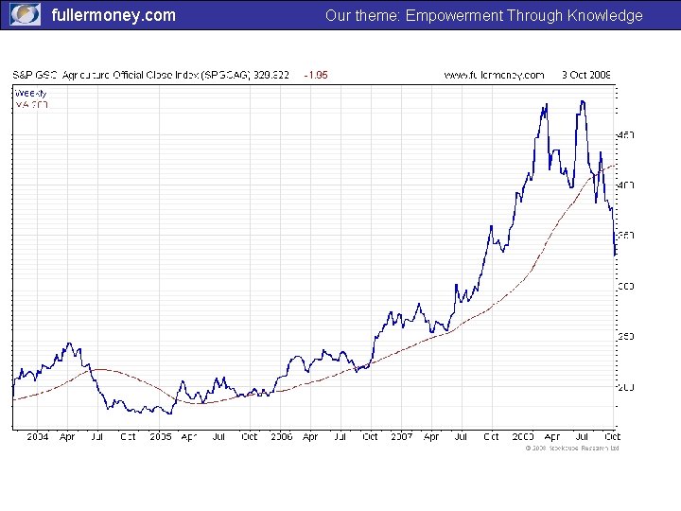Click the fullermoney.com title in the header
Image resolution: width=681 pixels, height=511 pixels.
tap(113, 15)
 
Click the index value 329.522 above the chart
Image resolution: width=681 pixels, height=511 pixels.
tap(271, 74)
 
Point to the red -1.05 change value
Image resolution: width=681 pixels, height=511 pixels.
tap(315, 74)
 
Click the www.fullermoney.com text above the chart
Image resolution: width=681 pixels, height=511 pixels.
tap(494, 74)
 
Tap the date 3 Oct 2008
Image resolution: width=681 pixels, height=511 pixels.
tap(586, 74)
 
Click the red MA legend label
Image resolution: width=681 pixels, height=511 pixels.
tap(31, 104)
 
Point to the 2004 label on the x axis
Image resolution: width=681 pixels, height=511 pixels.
tap(37, 437)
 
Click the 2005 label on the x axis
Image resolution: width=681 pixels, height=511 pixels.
tap(160, 437)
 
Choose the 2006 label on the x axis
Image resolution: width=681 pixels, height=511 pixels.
tap(281, 437)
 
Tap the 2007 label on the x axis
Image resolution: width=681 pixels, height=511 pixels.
tap(402, 437)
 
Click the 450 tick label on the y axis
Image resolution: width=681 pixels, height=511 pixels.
tap(626, 135)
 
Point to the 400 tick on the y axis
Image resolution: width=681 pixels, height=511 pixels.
tap(626, 185)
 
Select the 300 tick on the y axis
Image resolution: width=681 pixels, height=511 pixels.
tap(626, 286)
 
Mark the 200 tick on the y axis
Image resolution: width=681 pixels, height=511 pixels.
tap(626, 387)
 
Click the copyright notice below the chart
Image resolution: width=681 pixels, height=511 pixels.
tap(571, 449)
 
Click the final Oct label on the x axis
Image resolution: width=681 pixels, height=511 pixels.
tap(612, 437)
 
